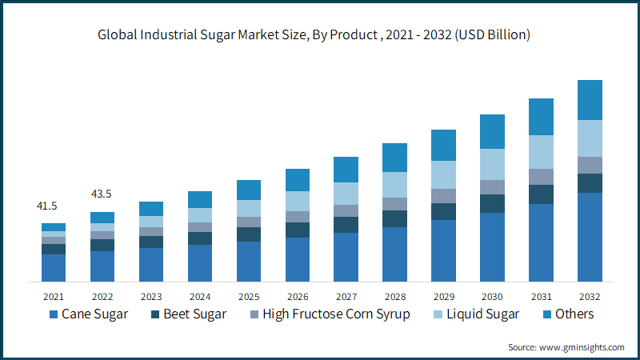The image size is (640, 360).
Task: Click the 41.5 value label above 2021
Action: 47,206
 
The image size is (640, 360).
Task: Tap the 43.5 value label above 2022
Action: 102,194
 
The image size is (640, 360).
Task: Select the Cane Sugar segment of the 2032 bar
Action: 590,237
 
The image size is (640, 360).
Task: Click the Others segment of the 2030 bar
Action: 492,131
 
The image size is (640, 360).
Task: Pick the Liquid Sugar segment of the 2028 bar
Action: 394,185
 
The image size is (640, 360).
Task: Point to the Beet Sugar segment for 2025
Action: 249,234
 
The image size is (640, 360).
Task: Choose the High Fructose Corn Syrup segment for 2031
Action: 542,177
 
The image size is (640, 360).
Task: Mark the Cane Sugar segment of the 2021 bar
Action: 54,268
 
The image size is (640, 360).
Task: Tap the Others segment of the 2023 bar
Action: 151,209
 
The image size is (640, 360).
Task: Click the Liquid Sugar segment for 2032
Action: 590,138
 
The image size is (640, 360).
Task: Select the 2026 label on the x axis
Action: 298,297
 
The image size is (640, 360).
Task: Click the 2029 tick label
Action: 444,297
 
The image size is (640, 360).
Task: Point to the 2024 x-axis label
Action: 200,297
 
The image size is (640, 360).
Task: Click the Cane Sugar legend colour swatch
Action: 54,314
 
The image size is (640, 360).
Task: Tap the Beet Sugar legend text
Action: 194,314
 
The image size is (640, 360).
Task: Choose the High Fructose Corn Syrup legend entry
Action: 330,314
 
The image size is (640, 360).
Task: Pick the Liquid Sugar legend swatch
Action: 438,314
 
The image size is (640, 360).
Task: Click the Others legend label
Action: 574,314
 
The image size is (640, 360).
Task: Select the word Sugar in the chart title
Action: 218,35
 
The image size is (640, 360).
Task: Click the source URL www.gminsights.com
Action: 582,347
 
